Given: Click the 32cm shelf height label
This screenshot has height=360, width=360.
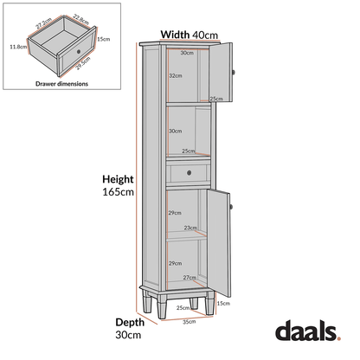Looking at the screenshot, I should [175, 76].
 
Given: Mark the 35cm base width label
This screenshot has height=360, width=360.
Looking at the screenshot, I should [189, 321].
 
